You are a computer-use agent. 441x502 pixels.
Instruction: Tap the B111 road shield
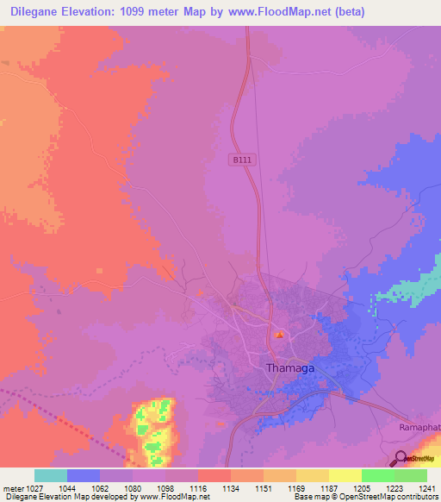point(240,160)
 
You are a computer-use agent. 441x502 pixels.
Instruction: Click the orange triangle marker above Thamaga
point(278,335)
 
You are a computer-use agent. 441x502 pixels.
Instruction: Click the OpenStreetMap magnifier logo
point(402,459)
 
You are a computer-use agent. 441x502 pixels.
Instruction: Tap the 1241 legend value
point(427,489)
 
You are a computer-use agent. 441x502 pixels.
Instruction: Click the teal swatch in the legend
point(50,475)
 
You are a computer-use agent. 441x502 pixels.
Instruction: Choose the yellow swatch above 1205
point(345,475)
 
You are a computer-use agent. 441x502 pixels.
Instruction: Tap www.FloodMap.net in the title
point(269,12)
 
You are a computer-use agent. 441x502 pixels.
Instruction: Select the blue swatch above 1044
point(84,475)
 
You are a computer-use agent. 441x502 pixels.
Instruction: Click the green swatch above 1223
point(378,475)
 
